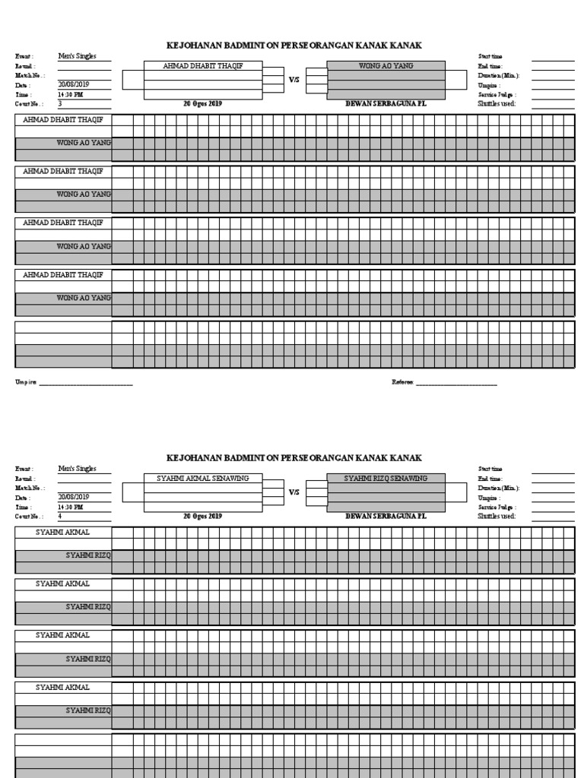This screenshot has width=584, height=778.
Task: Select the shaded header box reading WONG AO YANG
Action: point(386,66)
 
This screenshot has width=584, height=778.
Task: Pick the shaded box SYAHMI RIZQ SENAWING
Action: point(386,479)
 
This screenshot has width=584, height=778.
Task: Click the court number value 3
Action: point(60,103)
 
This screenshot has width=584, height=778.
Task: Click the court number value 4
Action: point(60,516)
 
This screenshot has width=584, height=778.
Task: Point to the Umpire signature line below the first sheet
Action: point(85,383)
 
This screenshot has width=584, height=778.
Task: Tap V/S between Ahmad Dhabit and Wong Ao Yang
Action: point(294,79)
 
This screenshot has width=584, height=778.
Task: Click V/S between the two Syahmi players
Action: point(294,492)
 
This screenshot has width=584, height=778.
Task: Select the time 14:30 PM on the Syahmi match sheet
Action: point(71,507)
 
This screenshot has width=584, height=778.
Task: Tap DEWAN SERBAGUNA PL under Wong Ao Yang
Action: point(386,103)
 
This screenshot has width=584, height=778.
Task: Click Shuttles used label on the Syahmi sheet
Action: point(497,516)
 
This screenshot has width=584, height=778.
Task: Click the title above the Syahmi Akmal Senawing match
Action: point(294,458)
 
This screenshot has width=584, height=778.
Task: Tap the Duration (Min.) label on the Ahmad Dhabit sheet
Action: point(498,75)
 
